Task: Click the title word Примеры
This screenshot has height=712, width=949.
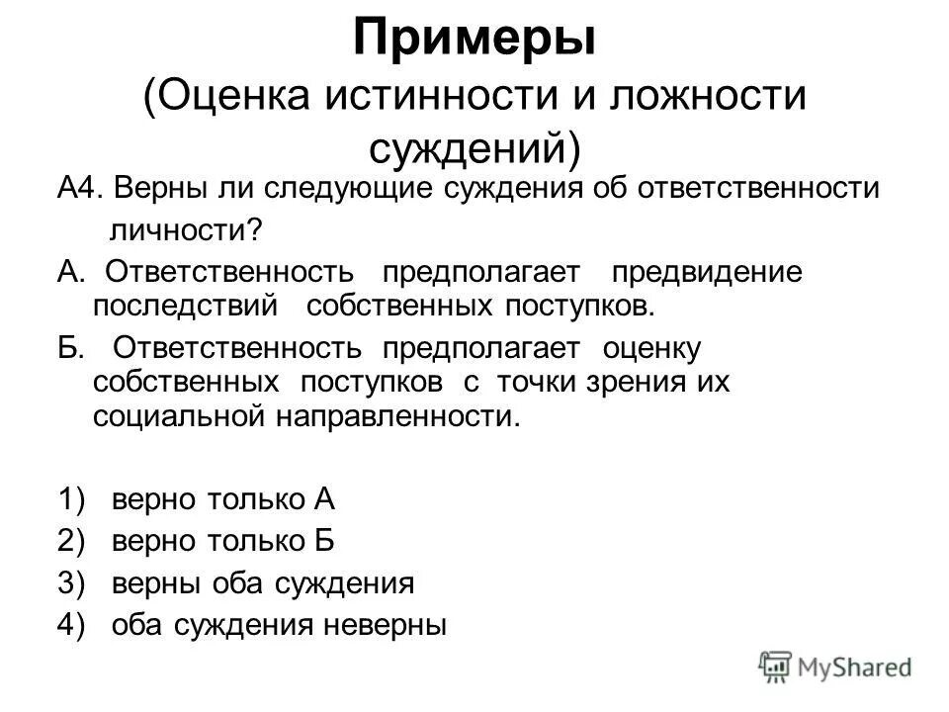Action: (474, 40)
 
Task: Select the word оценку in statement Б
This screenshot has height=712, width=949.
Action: (651, 348)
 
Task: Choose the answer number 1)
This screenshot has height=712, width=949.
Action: (70, 499)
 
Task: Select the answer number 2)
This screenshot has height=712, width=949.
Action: (70, 541)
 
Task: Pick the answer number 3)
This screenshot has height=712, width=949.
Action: (70, 583)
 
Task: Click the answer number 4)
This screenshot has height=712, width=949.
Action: (70, 625)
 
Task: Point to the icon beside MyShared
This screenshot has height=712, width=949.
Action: (776, 667)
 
